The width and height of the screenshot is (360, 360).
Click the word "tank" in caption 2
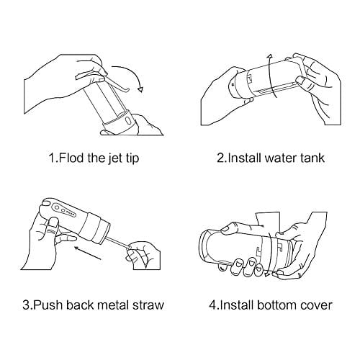(x=312, y=158)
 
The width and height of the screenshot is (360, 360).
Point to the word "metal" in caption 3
(x=113, y=305)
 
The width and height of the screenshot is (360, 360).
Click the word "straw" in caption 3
(x=148, y=305)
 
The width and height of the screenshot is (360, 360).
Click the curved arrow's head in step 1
(x=140, y=89)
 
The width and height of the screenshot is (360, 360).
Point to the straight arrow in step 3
(x=87, y=253)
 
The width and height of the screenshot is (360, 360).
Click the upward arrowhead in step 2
(x=270, y=56)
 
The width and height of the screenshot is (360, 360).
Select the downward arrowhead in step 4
(x=266, y=274)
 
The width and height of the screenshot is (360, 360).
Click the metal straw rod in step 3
(x=117, y=243)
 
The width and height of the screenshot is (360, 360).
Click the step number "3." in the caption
(x=27, y=305)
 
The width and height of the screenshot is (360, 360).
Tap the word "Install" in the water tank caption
(x=244, y=158)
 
